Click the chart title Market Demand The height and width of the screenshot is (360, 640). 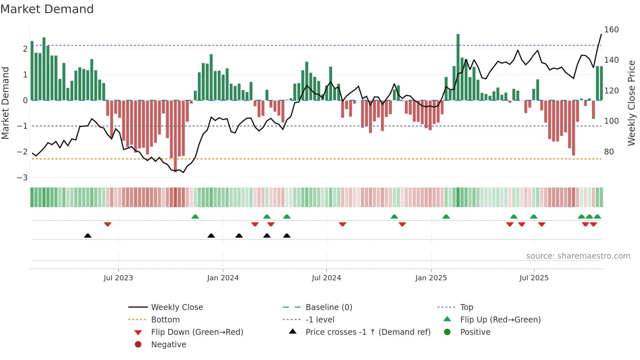(47, 9)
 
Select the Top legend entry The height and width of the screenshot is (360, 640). (466, 307)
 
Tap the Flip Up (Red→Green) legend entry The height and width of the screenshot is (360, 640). (500, 319)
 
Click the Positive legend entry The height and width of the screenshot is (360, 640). (475, 332)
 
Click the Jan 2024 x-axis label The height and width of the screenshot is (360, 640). (223, 278)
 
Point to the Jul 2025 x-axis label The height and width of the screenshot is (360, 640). (534, 278)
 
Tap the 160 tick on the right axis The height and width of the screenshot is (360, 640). (611, 30)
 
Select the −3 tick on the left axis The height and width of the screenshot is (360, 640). (22, 177)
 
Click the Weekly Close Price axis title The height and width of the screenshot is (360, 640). (632, 103)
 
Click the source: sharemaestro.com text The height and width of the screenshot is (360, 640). (578, 256)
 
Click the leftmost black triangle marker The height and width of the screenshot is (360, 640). (88, 236)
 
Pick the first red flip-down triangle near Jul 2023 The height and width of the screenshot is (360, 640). (108, 224)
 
